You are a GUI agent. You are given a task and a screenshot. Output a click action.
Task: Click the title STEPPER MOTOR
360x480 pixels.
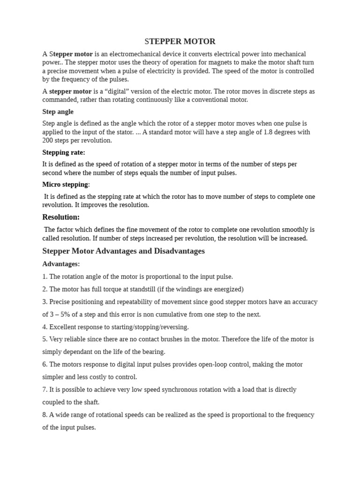click(180, 42)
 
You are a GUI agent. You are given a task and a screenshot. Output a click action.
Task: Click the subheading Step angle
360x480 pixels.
click(58, 112)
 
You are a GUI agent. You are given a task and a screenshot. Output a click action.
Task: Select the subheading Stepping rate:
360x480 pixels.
click(64, 152)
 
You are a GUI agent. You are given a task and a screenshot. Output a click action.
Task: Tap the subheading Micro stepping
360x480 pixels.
click(65, 184)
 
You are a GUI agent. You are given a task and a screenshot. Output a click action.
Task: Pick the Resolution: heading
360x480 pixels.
click(61, 217)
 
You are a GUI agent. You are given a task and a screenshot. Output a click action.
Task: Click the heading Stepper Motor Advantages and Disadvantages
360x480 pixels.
click(123, 251)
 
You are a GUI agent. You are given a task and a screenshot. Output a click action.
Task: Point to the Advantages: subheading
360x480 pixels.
click(61, 264)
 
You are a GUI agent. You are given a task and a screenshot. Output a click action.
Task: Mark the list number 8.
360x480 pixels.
click(45, 415)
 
